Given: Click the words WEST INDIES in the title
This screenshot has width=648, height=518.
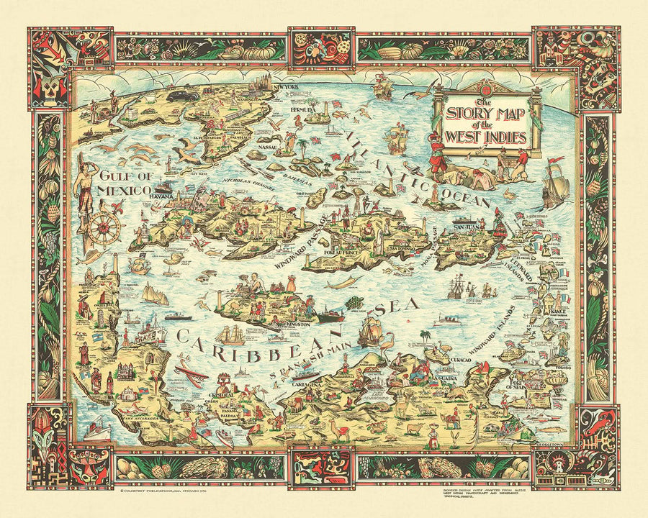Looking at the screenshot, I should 487,135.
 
